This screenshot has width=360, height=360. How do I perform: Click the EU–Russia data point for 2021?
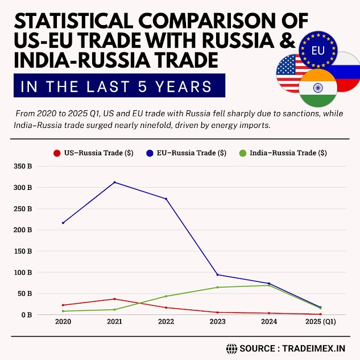pyautogui.click(x=114, y=183)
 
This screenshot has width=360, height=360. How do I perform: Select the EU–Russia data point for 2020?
pyautogui.click(x=63, y=223)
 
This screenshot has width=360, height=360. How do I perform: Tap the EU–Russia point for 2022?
pyautogui.click(x=166, y=198)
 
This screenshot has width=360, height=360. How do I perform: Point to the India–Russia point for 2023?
pyautogui.click(x=217, y=287)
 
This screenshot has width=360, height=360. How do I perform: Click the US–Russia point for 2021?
pyautogui.click(x=114, y=299)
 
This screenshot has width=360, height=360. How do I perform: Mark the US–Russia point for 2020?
pyautogui.click(x=63, y=305)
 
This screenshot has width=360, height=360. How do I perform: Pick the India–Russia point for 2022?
pyautogui.click(x=166, y=296)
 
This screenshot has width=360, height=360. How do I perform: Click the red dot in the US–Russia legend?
pyautogui.click(x=56, y=153)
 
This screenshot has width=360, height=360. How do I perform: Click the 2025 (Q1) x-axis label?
pyautogui.click(x=320, y=322)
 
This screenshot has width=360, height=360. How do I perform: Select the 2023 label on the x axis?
pyautogui.click(x=217, y=322)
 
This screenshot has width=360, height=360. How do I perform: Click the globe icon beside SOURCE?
pyautogui.click(x=231, y=347)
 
